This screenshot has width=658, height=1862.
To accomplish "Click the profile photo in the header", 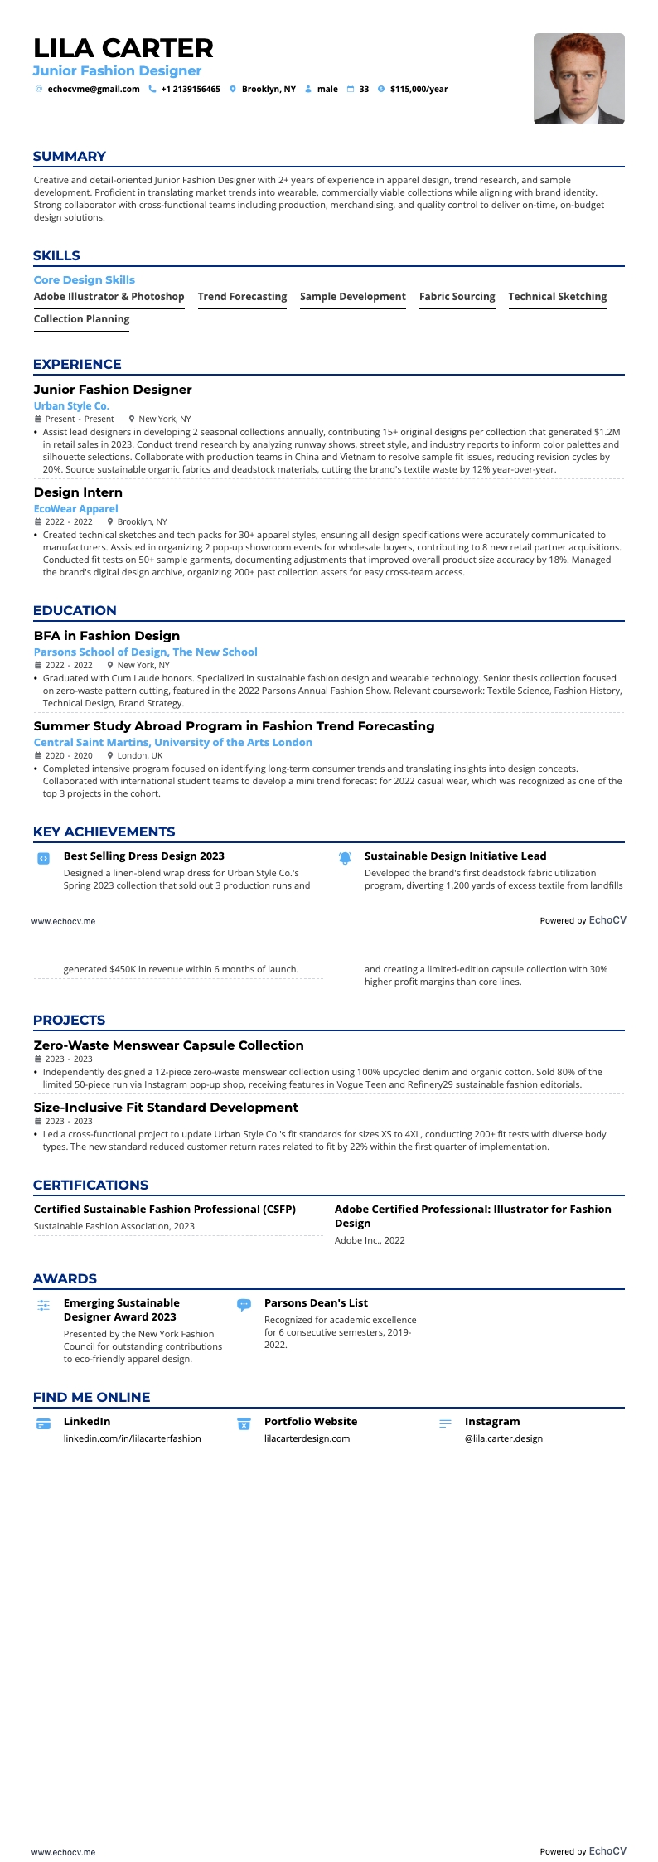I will [578, 79].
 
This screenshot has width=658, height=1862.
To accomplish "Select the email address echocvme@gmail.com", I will [94, 90].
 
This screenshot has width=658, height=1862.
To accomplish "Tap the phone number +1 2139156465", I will [191, 90].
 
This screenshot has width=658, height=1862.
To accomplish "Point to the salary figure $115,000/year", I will [419, 90].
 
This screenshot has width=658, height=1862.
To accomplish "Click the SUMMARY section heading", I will [70, 157].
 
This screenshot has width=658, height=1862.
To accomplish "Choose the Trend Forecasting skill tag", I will [242, 297].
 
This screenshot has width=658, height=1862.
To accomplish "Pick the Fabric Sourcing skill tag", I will [457, 297].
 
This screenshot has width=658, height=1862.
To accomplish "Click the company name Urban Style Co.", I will [71, 406].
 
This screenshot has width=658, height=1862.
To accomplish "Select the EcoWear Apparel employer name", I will [75, 509].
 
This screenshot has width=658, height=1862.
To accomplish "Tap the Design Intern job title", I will [78, 492].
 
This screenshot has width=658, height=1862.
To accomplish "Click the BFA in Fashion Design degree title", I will [107, 636].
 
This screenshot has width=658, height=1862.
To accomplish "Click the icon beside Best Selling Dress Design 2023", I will [44, 859].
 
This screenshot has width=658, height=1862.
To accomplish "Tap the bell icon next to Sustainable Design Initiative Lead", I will [345, 858].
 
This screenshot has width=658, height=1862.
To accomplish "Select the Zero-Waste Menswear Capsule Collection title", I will [168, 1045].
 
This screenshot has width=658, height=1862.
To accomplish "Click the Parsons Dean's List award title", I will [316, 1303].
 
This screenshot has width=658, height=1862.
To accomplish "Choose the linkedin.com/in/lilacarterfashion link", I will [133, 1438].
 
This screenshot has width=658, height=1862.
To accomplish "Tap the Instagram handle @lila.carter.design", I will [504, 1438].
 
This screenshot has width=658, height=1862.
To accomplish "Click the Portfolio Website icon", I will [244, 1424].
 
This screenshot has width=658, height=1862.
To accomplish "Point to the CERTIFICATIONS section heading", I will [90, 1186].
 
